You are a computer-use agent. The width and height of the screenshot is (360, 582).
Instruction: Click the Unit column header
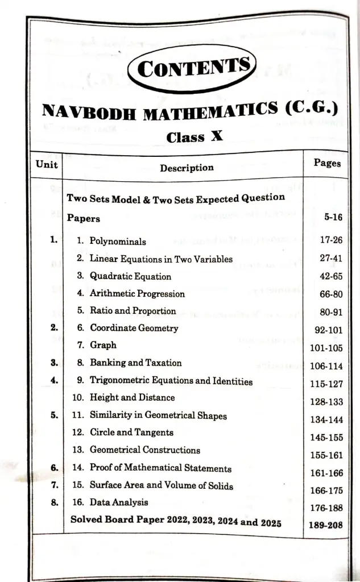click(x=47, y=164)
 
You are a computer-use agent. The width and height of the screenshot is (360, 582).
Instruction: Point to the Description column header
click(x=187, y=168)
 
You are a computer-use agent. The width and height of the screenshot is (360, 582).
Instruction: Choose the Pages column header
click(x=327, y=163)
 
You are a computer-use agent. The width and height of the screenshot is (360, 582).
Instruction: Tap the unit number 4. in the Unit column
click(x=54, y=380)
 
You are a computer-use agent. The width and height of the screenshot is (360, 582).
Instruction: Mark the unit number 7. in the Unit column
click(x=55, y=485)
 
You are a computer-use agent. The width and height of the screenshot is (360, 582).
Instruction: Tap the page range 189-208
click(x=326, y=525)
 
